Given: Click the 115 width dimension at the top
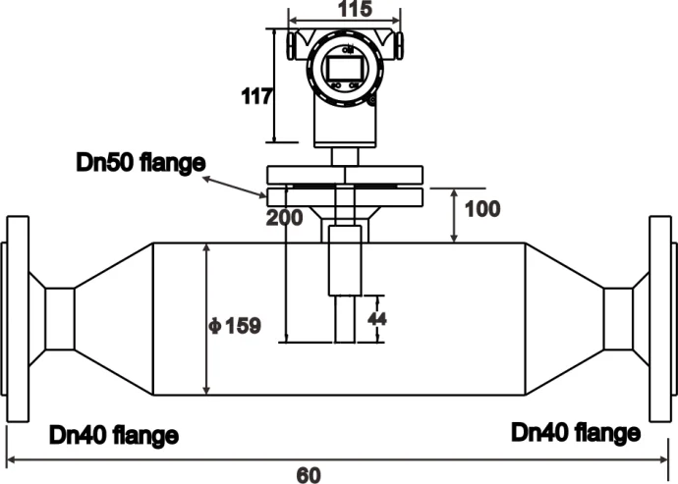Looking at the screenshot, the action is pyautogui.click(x=355, y=9).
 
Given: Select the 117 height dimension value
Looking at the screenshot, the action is pyautogui.click(x=256, y=96).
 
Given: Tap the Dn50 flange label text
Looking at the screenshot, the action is pyautogui.click(x=141, y=163).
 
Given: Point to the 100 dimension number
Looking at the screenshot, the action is pyautogui.click(x=482, y=209).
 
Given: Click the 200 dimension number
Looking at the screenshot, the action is pyautogui.click(x=284, y=217).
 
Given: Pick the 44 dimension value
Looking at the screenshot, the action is pyautogui.click(x=376, y=319).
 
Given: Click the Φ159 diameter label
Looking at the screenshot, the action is pyautogui.click(x=235, y=326).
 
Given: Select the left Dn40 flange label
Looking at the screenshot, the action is pyautogui.click(x=114, y=435).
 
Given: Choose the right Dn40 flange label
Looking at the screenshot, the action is pyautogui.click(x=576, y=433).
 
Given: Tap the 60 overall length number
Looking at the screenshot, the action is pyautogui.click(x=309, y=475).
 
